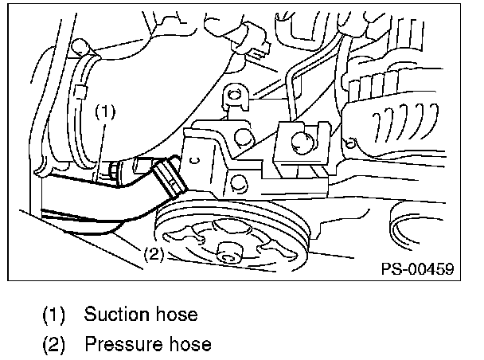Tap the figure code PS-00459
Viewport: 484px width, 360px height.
click(x=416, y=269)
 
